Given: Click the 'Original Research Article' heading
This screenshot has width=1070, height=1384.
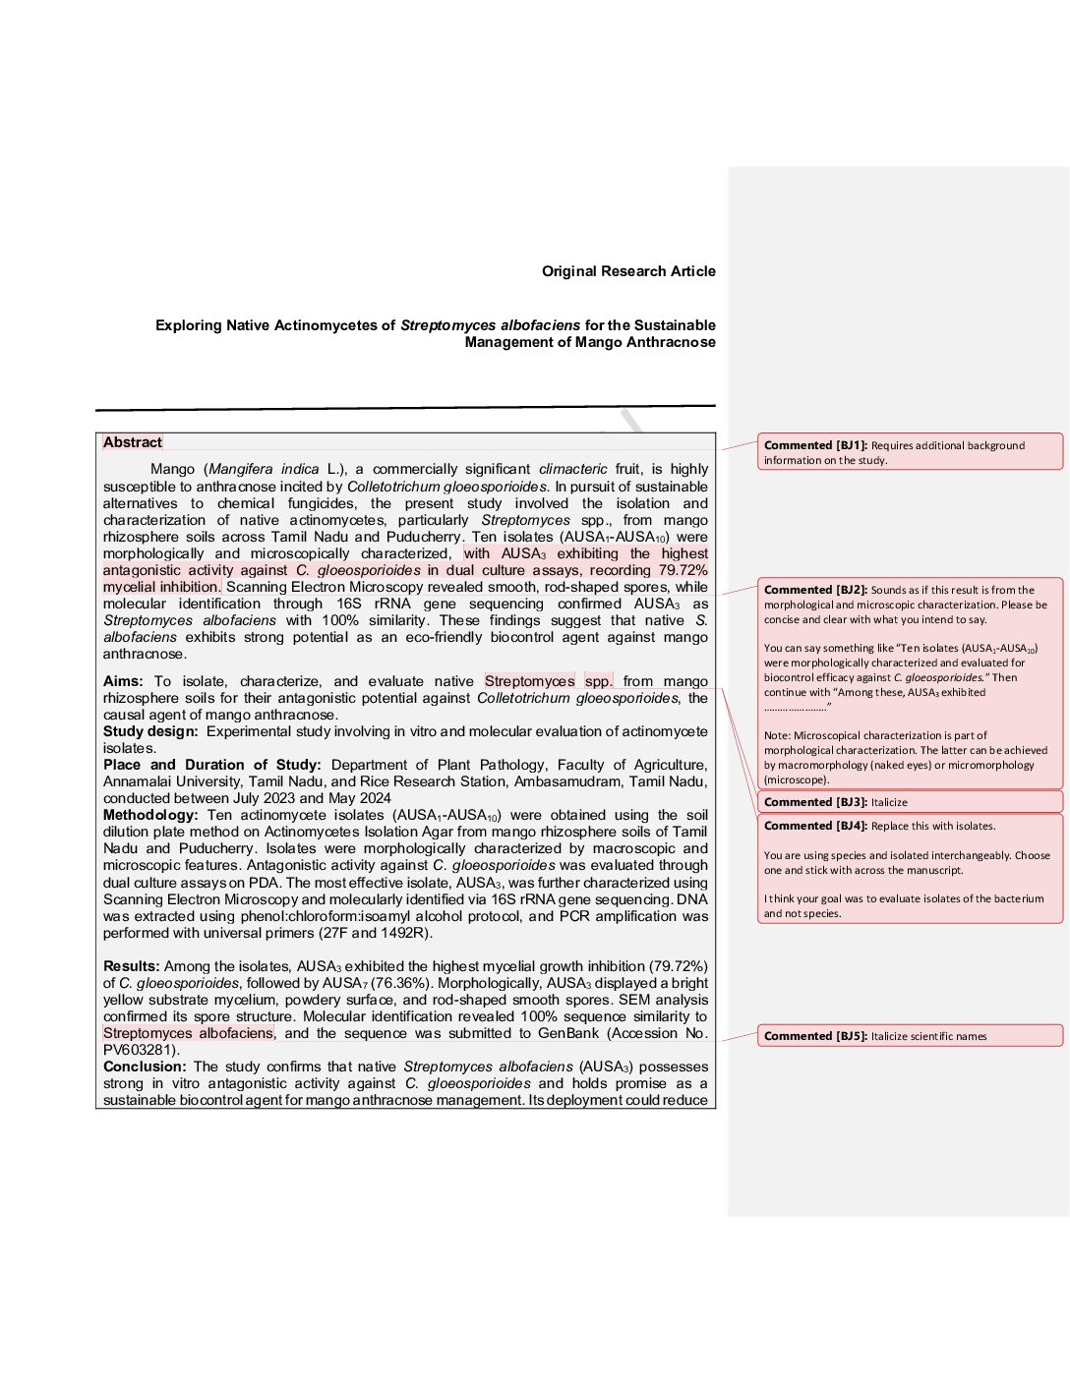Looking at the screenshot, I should coord(628,271).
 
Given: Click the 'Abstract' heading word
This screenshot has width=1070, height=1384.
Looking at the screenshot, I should coord(133,442).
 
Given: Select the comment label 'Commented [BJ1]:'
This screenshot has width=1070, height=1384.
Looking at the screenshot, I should coord(815,445).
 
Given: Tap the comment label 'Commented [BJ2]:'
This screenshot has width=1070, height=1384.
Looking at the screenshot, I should coord(815,590).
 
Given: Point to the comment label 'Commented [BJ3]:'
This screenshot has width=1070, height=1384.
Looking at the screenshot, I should coord(815,802).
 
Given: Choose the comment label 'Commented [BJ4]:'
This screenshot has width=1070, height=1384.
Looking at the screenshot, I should coord(815,826).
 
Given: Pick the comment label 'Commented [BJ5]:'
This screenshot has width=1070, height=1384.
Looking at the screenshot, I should coord(815,1036).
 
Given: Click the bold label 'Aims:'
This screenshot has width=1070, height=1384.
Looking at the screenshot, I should coord(123,681).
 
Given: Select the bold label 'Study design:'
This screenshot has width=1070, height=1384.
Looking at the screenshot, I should coord(150,731).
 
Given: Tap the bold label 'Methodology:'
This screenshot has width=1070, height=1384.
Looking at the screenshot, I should coord(150,815).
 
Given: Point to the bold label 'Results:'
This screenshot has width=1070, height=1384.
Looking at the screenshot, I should coord(131,966).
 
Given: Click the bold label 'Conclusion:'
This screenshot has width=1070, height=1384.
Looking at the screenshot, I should coord(145,1067).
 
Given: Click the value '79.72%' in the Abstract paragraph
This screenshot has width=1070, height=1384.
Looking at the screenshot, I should coord(683,570).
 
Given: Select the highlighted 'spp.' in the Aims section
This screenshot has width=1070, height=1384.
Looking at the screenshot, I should coord(598,681).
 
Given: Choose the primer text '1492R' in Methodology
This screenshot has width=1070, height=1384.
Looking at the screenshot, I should coord(406,933).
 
